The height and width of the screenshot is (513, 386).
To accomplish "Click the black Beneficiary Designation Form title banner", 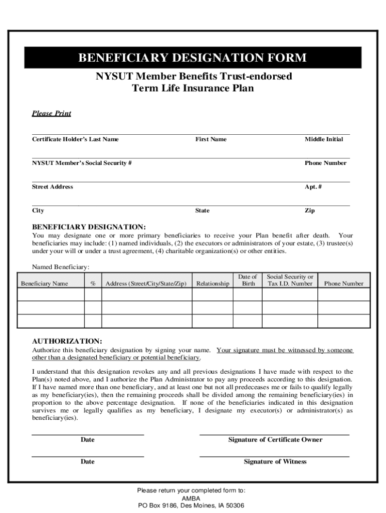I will [x=192, y=58].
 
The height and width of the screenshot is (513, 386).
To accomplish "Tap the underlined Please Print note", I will [x=52, y=113].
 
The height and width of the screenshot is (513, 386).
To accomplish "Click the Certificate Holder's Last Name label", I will [x=75, y=139].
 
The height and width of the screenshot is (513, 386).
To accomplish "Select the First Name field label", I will [x=211, y=139].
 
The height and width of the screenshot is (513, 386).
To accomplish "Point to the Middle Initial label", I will [x=324, y=139].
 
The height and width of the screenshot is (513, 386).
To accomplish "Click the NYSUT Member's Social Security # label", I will [x=82, y=163].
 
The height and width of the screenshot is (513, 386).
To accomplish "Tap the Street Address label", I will [x=53, y=187].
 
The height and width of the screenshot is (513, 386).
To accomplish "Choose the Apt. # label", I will [x=313, y=187].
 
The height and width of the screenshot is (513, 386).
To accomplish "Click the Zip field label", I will [x=310, y=211].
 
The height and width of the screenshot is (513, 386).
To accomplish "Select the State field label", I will [x=202, y=211].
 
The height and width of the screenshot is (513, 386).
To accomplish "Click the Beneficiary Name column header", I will [x=44, y=284].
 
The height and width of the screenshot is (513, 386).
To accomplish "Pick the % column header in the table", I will [x=93, y=284].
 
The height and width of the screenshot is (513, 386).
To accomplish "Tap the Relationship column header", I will [x=213, y=284].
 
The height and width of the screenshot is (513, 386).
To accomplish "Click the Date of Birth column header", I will [x=248, y=280].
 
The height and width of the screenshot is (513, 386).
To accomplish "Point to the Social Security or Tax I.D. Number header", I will [x=290, y=280].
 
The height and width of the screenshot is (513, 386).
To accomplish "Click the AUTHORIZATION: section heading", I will [x=67, y=341].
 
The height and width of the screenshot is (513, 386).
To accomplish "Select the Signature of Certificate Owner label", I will [x=275, y=440].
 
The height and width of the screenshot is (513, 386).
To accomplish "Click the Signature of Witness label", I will [x=275, y=462].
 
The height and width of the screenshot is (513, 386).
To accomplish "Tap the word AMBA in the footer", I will [x=191, y=498].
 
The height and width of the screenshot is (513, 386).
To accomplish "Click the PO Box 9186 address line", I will [x=191, y=506].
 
